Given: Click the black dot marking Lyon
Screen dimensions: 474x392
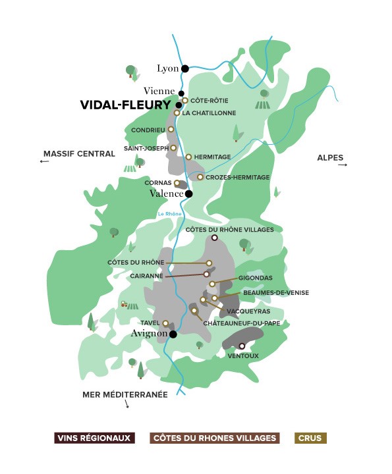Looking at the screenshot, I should tap(185, 68).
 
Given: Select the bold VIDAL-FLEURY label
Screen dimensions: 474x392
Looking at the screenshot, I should tap(125, 105).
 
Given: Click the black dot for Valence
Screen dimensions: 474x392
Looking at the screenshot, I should tap(189, 194).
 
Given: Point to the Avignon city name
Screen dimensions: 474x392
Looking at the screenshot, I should tap(149, 334).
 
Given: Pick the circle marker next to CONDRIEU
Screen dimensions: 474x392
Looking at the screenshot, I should tap(171, 130).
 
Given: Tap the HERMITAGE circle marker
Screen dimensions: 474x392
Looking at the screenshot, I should tap(188, 157).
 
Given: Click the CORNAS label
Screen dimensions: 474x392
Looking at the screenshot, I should tap(158, 183).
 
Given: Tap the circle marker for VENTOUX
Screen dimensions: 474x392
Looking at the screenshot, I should tap(242, 346).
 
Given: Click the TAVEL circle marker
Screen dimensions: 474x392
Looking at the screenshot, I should tap(165, 323).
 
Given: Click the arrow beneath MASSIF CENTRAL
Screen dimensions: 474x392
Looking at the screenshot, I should tap(45, 161).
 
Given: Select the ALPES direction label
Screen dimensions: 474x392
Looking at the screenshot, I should tap(329, 157).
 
